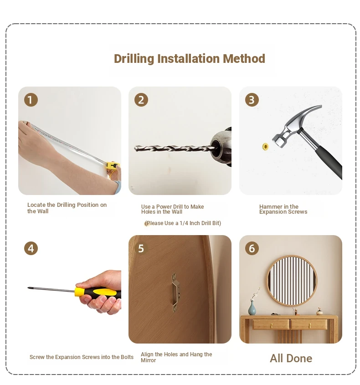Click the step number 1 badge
tap(31, 100)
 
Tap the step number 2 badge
tap(141, 100)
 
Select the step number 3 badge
tap(252, 100)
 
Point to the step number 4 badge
tap(31, 248)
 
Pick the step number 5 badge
tap(141, 248)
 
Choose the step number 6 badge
tap(252, 248)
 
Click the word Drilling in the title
tap(134, 59)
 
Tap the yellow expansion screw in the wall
tap(265, 147)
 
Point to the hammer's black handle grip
tap(329, 162)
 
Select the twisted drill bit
tap(175, 148)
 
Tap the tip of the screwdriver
tap(28, 288)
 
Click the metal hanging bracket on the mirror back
tap(175, 292)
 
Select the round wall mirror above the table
tap(292, 281)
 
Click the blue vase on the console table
tap(252, 308)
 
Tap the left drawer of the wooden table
tap(271, 324)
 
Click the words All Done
tap(291, 358)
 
